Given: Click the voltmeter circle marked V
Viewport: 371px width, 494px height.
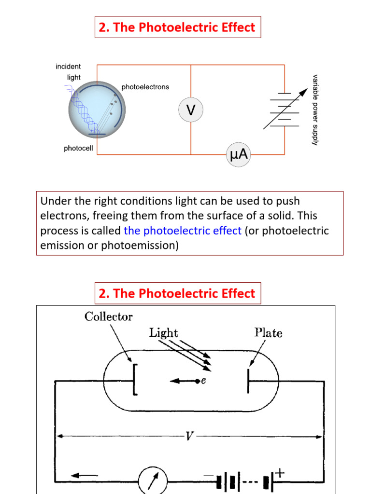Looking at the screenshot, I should click(x=191, y=110).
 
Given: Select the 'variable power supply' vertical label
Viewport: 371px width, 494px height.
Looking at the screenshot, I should click(x=315, y=110).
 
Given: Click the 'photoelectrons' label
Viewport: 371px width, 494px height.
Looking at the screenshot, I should click(x=145, y=87).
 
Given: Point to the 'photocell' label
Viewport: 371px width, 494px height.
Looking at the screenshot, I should click(x=78, y=149).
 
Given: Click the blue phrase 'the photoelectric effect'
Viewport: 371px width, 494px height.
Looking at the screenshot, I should click(x=183, y=231).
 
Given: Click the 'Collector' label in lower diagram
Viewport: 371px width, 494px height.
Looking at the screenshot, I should click(x=109, y=317).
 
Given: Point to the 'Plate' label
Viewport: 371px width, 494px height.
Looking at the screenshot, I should click(x=268, y=333).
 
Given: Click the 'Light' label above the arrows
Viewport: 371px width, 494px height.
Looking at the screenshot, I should click(x=164, y=333).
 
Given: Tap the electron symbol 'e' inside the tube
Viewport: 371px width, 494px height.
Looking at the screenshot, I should click(x=203, y=381).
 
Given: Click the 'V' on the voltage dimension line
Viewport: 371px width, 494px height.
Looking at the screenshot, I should click(x=190, y=436).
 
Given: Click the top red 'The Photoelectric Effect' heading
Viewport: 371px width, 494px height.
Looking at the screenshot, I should click(x=177, y=27).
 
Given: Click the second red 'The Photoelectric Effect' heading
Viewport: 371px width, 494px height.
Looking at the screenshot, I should click(x=177, y=293).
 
